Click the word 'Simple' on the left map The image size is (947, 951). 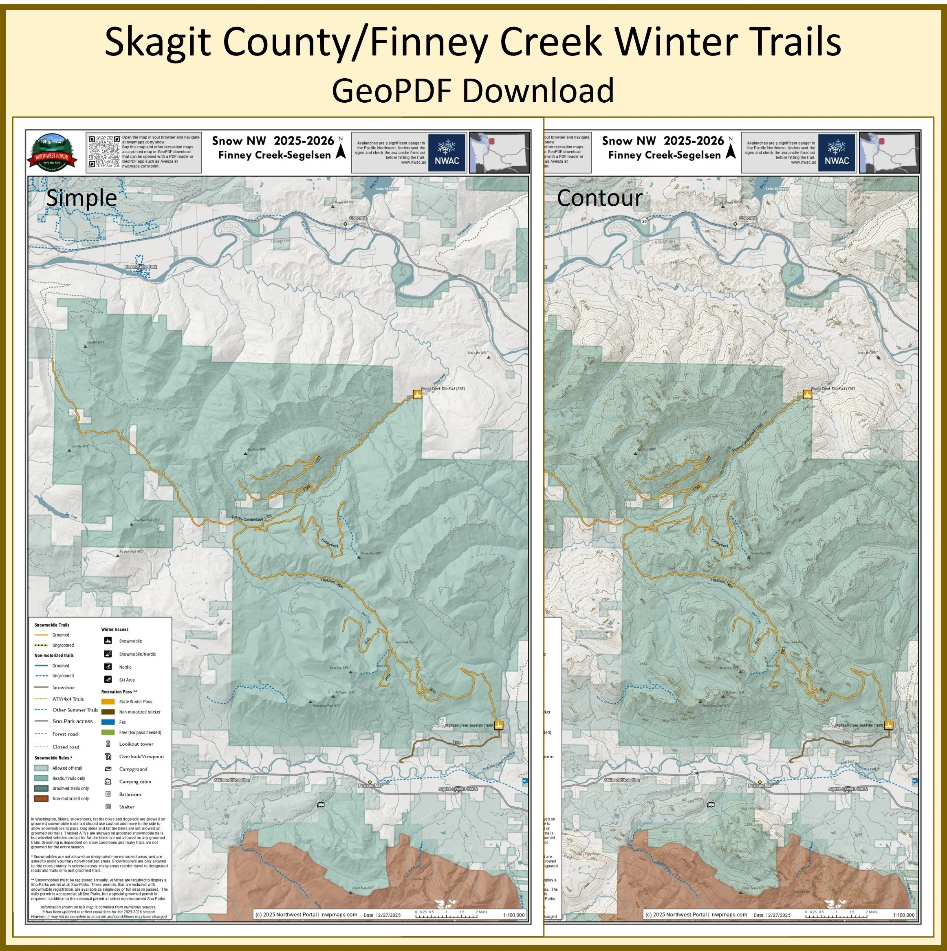click(81, 198)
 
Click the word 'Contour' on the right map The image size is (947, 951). click(599, 198)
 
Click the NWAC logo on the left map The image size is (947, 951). click(447, 153)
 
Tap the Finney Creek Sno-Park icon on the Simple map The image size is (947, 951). click(417, 394)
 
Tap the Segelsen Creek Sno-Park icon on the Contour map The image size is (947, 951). click(888, 724)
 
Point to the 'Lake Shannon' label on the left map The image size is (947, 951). click(386, 189)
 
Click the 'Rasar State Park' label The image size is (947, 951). click(141, 267)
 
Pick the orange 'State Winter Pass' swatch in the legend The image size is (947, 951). click(108, 702)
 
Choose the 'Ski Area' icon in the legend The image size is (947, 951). click(108, 679)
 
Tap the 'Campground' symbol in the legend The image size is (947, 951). click(108, 769)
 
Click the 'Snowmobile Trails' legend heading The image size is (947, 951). click(52, 625)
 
